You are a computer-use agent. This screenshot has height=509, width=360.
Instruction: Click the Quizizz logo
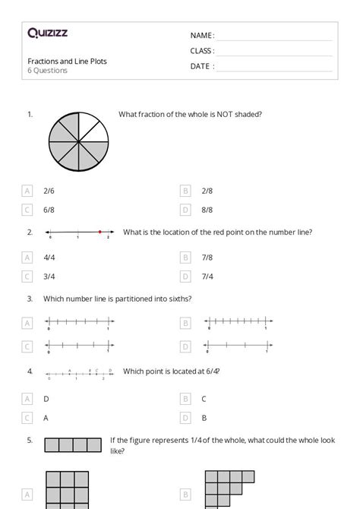48,33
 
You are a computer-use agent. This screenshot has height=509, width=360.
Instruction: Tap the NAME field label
201,36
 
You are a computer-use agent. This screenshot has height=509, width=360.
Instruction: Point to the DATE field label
201,66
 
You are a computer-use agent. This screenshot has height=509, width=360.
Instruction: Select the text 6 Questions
48,71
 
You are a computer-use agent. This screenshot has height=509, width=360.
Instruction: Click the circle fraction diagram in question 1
77,141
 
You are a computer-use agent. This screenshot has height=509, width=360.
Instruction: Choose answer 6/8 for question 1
49,210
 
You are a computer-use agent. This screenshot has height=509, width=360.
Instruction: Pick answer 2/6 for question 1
49,191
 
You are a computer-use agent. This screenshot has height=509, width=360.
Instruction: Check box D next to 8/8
185,210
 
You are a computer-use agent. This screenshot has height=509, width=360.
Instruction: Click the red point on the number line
99,232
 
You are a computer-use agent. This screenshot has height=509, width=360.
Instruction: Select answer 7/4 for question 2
207,277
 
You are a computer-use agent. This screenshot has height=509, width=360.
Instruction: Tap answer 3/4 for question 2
49,277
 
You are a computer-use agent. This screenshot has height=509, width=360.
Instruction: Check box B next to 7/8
185,258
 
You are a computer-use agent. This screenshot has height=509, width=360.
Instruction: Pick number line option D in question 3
236,346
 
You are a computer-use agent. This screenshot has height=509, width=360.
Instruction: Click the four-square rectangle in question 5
73,445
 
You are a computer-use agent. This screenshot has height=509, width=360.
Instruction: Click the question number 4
30,371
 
